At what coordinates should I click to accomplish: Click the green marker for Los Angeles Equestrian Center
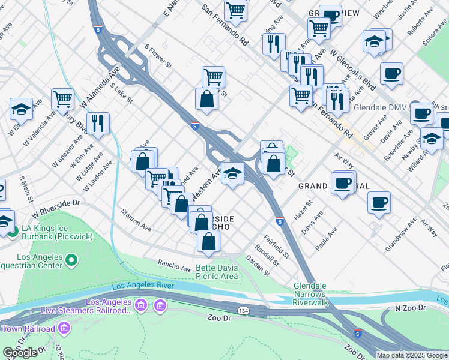coord(71,260)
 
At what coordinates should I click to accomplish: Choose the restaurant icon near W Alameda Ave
coord(98,122)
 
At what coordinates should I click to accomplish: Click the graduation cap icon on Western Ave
coord(233,173)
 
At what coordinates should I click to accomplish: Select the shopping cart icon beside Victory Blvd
coord(62,99)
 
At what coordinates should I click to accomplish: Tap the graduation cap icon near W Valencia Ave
coord(21,109)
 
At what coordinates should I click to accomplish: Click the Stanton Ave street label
coord(136,220)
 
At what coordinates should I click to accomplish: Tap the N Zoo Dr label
coord(410,308)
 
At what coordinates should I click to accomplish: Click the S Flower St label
coord(158,55)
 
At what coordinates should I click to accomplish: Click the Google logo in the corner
coord(20,353)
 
